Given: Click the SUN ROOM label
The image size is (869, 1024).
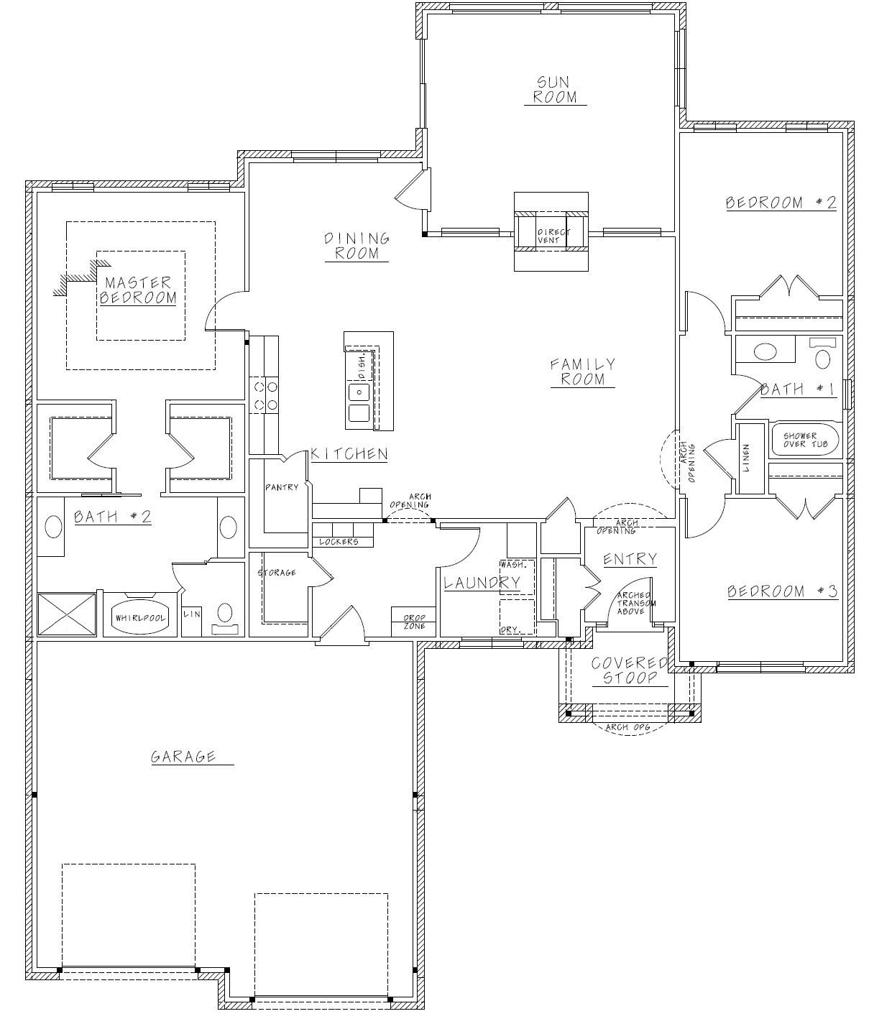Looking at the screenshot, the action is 555,89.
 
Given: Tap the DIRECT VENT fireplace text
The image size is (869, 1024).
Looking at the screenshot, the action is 553,236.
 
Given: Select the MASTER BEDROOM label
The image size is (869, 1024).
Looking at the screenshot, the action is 138,290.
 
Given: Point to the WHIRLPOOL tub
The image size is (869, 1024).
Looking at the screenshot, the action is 140,617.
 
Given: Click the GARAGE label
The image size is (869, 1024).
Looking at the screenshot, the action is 183,757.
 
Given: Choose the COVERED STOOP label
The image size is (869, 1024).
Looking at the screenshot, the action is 630,670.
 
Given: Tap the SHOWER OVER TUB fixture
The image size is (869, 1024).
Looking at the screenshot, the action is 805,440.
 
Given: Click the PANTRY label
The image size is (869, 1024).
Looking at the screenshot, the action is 282,487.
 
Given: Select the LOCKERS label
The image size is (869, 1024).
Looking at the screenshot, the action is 339,542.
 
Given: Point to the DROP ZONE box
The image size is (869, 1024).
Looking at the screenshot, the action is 414,622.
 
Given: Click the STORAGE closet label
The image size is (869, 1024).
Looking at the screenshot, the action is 277,572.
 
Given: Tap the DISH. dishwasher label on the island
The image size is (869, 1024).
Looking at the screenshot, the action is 362,366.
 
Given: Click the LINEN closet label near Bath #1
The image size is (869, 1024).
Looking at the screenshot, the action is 746,458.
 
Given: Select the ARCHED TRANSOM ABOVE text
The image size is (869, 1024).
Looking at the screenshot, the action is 636,603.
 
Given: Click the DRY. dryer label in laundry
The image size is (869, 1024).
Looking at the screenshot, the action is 510,629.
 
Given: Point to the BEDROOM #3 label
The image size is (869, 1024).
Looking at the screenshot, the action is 783,591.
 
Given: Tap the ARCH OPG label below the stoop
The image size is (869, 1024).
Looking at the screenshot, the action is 627,727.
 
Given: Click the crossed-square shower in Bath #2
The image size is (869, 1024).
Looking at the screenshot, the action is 66,614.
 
